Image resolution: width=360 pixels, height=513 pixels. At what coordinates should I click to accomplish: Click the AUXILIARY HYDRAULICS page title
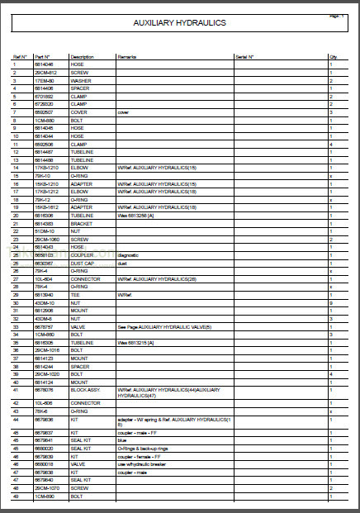(180, 24)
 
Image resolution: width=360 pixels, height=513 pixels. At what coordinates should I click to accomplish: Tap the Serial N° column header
(244, 57)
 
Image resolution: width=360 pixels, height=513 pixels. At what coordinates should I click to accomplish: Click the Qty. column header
(334, 57)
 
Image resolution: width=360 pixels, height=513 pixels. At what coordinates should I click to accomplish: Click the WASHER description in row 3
(81, 81)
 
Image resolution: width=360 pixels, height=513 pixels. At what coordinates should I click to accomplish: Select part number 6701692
(44, 97)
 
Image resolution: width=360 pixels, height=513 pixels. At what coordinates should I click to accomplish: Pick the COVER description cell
(78, 112)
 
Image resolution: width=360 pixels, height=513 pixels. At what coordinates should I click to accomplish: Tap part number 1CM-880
(44, 119)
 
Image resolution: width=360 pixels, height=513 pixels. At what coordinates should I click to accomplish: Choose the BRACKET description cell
(82, 224)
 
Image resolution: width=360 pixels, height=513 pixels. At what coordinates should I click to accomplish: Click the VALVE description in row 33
(78, 325)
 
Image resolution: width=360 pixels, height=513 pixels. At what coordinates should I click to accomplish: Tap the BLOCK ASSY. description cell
(84, 389)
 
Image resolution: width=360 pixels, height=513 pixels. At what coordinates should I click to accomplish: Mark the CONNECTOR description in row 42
(85, 402)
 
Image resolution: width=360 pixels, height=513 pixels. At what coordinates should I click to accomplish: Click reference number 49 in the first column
(15, 496)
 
